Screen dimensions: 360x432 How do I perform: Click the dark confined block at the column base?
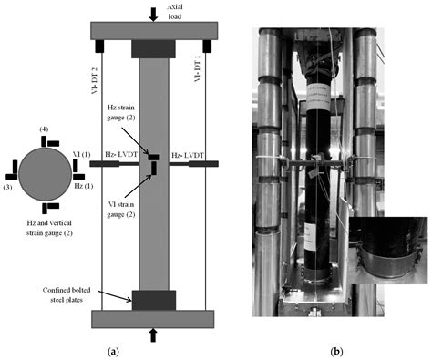pos(152,299)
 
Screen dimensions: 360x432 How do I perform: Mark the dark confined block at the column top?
pos(152,48)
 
